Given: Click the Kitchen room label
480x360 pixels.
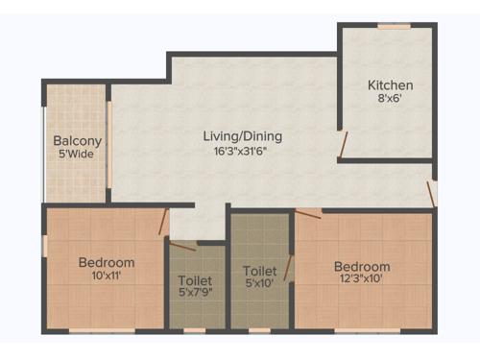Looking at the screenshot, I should pyautogui.click(x=392, y=85).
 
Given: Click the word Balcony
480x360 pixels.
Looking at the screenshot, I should pyautogui.click(x=78, y=140).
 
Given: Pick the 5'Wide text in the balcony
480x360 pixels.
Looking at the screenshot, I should pyautogui.click(x=78, y=154).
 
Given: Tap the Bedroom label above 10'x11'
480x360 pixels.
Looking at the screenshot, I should pyautogui.click(x=106, y=262).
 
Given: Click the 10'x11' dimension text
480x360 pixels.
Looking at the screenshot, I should pyautogui.click(x=106, y=276).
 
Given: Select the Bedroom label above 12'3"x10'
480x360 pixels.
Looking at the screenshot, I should pyautogui.click(x=362, y=266).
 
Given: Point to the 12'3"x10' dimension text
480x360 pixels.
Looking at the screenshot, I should pyautogui.click(x=362, y=279).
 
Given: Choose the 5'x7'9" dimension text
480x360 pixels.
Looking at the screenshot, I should pyautogui.click(x=196, y=294).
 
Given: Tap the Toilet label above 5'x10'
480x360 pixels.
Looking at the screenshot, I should pyautogui.click(x=259, y=271).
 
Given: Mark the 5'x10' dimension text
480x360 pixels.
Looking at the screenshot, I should pyautogui.click(x=259, y=284).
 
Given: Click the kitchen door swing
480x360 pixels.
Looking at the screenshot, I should pyautogui.click(x=343, y=144).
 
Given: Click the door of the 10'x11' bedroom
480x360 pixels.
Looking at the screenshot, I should pyautogui.click(x=164, y=223).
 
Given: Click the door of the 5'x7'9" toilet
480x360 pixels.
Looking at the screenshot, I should pyautogui.click(x=182, y=247).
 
